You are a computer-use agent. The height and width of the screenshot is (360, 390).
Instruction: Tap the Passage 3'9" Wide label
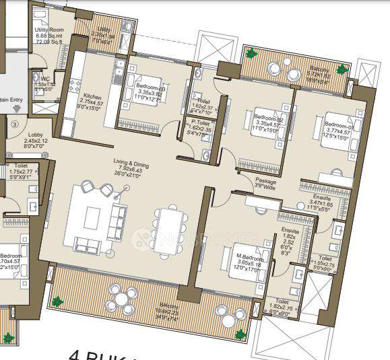(x=265, y=183)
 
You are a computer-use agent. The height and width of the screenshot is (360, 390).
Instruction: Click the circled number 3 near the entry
(x=13, y=124)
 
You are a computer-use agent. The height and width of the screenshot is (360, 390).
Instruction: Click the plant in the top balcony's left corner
(x=250, y=54)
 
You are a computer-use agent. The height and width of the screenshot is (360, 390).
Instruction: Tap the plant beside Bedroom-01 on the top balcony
(x=343, y=68)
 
